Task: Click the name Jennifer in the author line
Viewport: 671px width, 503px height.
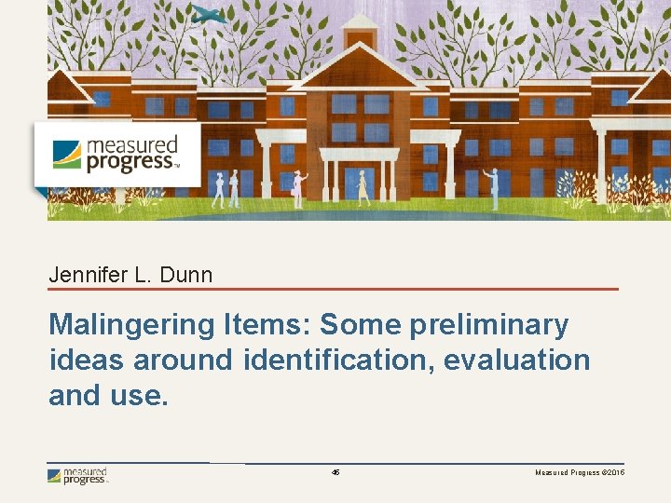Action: tap(85, 275)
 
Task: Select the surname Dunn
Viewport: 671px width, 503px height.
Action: tap(185, 275)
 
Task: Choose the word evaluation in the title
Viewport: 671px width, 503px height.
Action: tap(517, 360)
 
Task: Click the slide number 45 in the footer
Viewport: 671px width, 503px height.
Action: tap(335, 473)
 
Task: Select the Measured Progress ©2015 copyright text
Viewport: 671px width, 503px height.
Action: tap(580, 473)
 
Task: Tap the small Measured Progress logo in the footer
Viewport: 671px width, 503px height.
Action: tap(78, 476)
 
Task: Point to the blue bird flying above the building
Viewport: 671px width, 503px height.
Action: tap(211, 14)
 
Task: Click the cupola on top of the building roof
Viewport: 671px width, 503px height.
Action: tap(361, 33)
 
